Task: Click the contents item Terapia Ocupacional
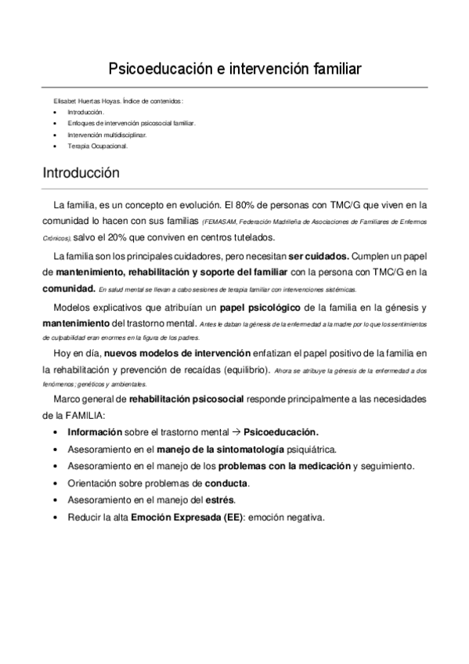click(96, 146)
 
